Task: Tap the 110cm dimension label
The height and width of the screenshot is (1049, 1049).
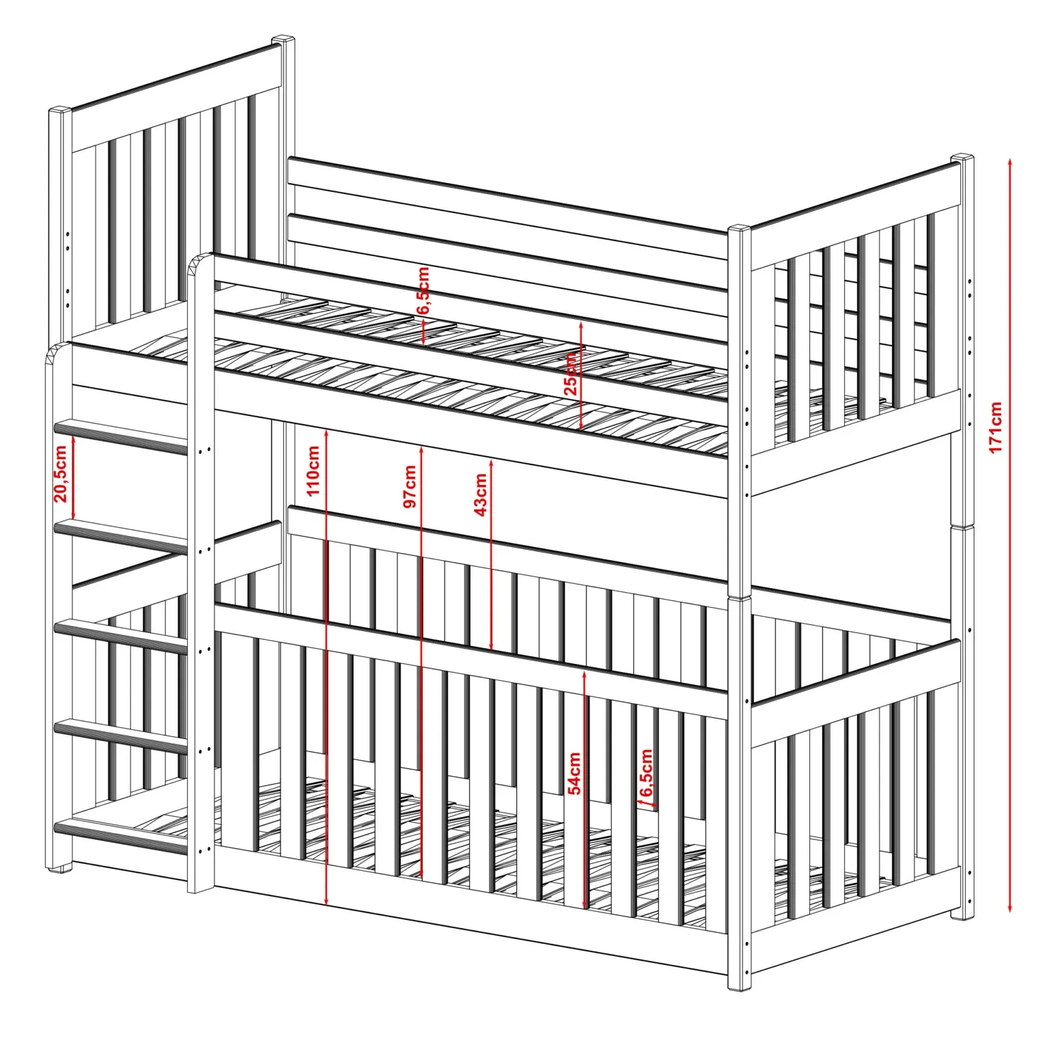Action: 313,471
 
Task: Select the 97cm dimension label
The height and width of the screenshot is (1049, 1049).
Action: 410,486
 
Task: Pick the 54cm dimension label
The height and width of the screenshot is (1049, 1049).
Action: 575,773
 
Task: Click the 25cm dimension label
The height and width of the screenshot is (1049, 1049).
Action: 570,374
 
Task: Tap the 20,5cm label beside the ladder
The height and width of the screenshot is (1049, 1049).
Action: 61,473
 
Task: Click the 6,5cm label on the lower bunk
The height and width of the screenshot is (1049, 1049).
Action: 646,774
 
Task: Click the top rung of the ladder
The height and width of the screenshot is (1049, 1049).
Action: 121,437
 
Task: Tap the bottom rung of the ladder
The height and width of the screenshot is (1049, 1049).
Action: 121,837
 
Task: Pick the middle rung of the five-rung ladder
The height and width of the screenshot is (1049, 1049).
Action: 121,637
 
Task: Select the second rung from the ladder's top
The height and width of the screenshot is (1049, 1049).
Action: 121,536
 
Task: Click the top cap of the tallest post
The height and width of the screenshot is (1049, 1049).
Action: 284,40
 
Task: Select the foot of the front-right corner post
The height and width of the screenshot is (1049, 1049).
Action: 739,985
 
